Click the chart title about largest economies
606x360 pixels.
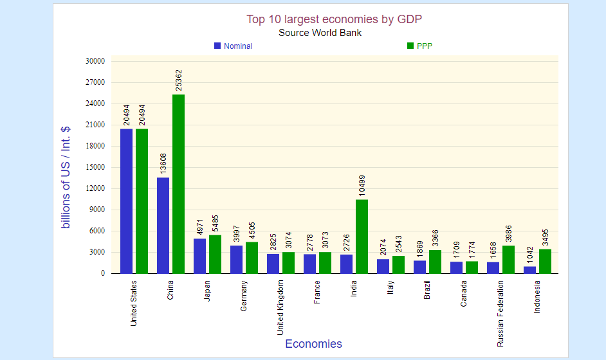334,19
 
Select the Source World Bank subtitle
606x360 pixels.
320,33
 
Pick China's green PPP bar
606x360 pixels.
178,184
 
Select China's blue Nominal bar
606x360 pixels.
163,225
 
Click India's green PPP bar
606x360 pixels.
362,236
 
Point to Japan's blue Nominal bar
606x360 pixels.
200,256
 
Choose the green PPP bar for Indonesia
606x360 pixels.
546,261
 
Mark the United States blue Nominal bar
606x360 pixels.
127,201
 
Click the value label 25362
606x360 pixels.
179,80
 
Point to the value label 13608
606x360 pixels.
163,163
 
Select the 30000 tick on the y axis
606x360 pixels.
95,61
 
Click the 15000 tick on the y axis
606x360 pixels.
95,167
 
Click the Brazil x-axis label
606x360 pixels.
427,290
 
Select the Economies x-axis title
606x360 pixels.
313,344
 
